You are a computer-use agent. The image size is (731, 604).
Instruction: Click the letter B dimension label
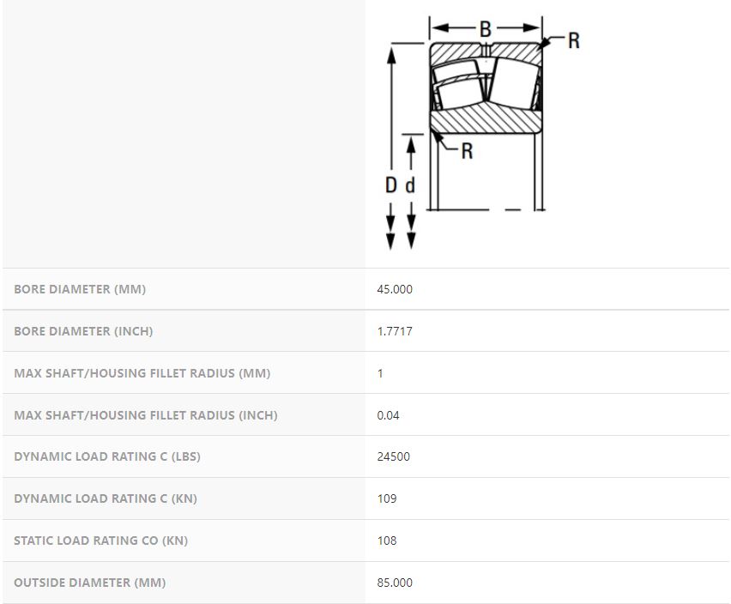[x=486, y=29]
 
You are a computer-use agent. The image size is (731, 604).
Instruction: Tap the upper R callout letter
[x=574, y=40]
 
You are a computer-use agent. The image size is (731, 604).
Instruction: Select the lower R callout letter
[x=467, y=151]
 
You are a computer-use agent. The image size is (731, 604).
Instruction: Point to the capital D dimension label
[x=391, y=185]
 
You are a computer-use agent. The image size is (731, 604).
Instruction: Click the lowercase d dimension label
[x=410, y=185]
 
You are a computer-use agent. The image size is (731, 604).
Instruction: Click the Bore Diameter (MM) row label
[x=80, y=289]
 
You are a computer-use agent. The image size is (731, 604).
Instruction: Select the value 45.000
[x=395, y=289]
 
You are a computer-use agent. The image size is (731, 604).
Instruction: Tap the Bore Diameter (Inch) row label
[x=83, y=331]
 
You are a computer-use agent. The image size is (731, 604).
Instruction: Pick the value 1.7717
[x=395, y=331]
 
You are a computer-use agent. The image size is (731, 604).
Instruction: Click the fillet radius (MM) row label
[x=142, y=373]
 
